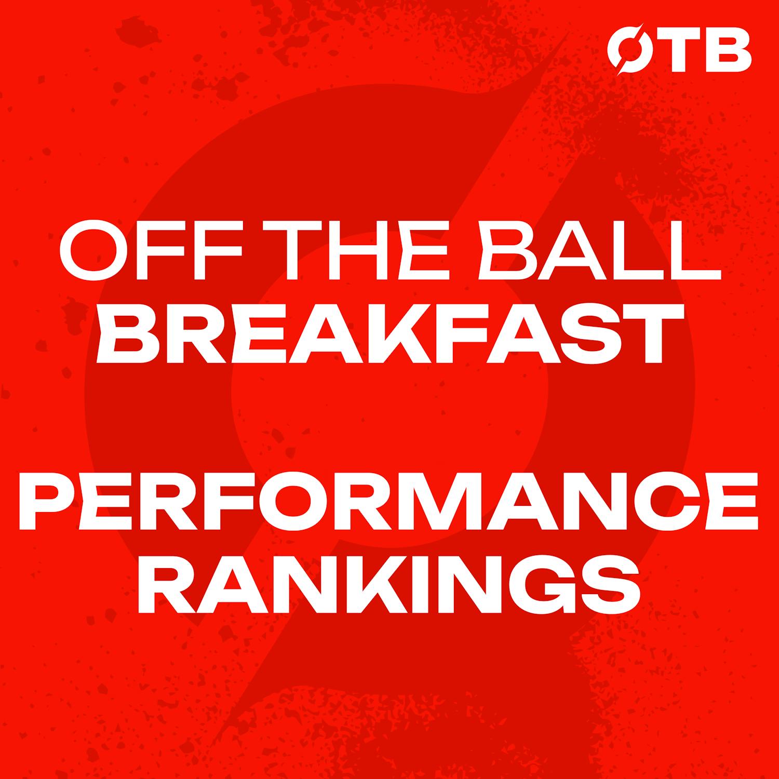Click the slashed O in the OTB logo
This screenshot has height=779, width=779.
pos(626,52)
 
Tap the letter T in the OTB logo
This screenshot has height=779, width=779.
pos(675,52)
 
